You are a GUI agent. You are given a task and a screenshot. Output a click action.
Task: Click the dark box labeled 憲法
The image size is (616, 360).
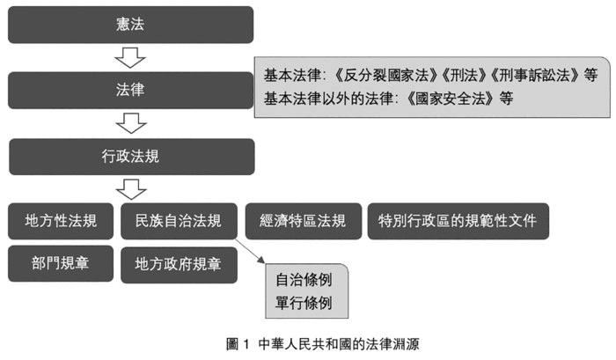pyautogui.click(x=130, y=25)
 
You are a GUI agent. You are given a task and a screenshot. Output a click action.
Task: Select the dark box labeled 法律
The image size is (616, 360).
pyautogui.click(x=130, y=90)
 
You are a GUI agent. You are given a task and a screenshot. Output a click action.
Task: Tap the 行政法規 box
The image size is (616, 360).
pyautogui.click(x=132, y=157)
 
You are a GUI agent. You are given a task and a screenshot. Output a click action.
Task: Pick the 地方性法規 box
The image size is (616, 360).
pyautogui.click(x=61, y=221)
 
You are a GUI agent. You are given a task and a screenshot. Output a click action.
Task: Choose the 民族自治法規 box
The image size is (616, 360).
pyautogui.click(x=179, y=221)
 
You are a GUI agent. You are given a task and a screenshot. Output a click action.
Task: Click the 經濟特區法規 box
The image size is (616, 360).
pyautogui.click(x=304, y=221)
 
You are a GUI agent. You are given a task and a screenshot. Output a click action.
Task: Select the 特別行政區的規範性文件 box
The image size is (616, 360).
pyautogui.click(x=458, y=221)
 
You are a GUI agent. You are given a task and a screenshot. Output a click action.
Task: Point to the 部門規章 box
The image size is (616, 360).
pyautogui.click(x=61, y=263)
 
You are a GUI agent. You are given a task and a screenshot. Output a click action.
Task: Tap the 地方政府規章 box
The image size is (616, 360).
pyautogui.click(x=179, y=265)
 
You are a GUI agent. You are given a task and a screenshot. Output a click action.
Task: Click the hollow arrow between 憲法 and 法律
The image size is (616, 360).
pyautogui.click(x=130, y=58)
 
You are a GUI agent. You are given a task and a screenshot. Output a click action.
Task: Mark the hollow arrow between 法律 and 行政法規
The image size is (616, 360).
pyautogui.click(x=131, y=123)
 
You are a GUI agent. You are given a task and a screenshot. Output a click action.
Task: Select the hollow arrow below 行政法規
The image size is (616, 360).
pyautogui.click(x=131, y=189)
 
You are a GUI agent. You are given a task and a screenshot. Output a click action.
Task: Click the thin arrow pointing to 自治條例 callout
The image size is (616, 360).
pyautogui.click(x=250, y=251)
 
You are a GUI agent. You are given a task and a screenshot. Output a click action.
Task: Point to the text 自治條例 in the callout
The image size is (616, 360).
pyautogui.click(x=304, y=280)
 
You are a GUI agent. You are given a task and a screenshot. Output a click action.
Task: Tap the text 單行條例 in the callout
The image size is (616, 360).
pyautogui.click(x=304, y=303)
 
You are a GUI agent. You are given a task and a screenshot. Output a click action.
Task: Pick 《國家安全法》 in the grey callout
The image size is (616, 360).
pyautogui.click(x=450, y=99)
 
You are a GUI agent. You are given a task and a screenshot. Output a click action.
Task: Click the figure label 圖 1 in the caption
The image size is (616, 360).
pyautogui.click(x=238, y=344)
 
